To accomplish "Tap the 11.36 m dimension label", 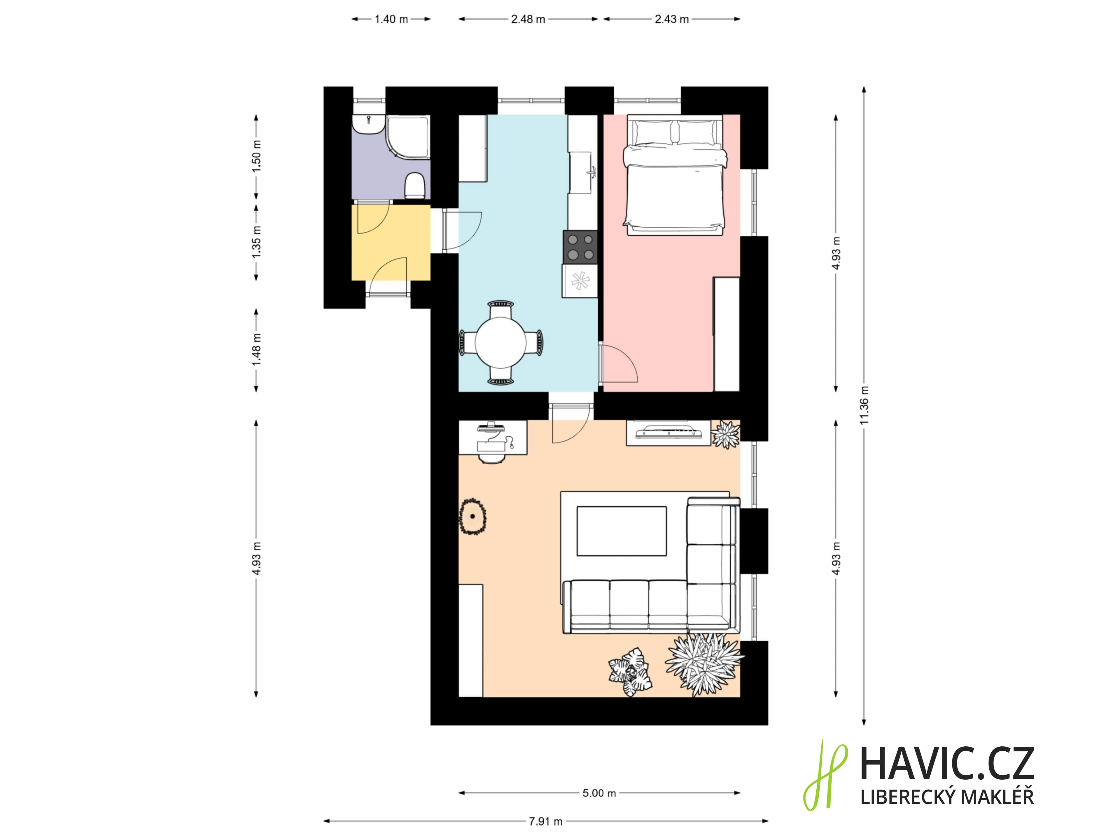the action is [x=864, y=405].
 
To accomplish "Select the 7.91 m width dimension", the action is [x=546, y=821].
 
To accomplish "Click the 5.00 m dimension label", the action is [x=599, y=793].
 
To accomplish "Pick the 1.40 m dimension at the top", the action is [x=391, y=19].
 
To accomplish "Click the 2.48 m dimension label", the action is [x=528, y=19].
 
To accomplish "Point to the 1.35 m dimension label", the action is [x=256, y=242].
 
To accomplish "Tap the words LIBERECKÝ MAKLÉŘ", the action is [x=947, y=797].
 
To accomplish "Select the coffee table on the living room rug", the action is [x=622, y=531].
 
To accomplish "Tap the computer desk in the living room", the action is [x=493, y=437].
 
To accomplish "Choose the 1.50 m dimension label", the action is [x=256, y=155].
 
